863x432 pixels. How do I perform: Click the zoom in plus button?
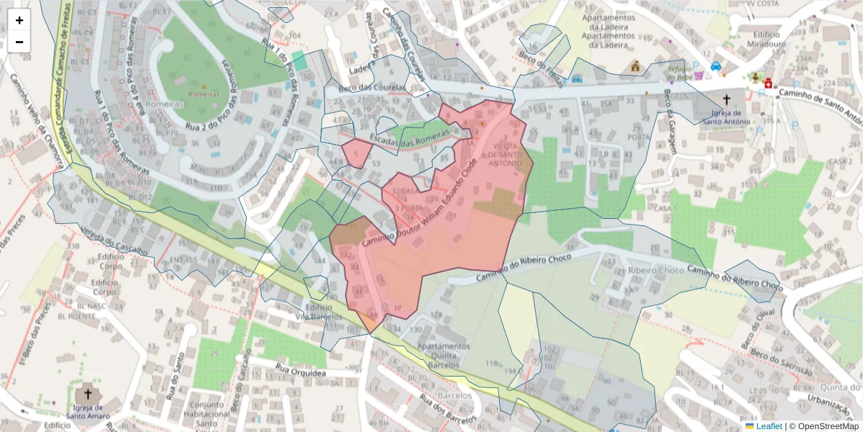tap(19, 20)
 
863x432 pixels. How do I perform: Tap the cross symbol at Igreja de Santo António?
tap(726, 99)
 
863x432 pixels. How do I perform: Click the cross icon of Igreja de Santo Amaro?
tap(88, 394)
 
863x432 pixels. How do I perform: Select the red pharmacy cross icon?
tap(768, 84)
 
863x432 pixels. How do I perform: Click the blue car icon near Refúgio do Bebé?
tap(716, 66)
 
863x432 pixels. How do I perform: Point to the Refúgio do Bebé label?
tap(680, 71)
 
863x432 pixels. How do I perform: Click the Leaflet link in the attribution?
tap(768, 426)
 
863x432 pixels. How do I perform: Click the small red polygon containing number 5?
tap(356, 153)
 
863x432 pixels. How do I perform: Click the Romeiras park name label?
tap(204, 94)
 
